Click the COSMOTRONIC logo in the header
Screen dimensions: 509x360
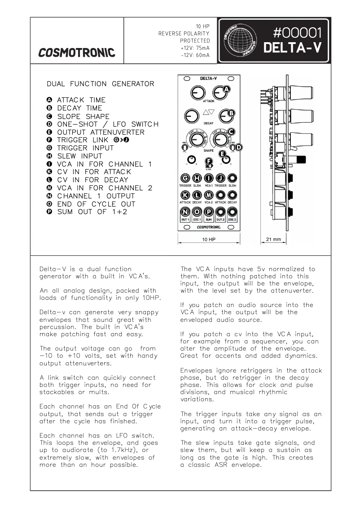[x=76, y=53]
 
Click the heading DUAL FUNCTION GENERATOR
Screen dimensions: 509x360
[x=100, y=84]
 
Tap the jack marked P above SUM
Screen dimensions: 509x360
[x=209, y=212]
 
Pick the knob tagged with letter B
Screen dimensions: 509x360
[x=220, y=116]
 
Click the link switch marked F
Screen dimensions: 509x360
[x=209, y=162]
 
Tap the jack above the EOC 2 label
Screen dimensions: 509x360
[x=232, y=212]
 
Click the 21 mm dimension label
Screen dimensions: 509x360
[x=273, y=240]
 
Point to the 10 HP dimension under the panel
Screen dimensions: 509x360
[x=209, y=240]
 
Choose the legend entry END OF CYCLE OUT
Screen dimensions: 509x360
[x=96, y=204]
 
